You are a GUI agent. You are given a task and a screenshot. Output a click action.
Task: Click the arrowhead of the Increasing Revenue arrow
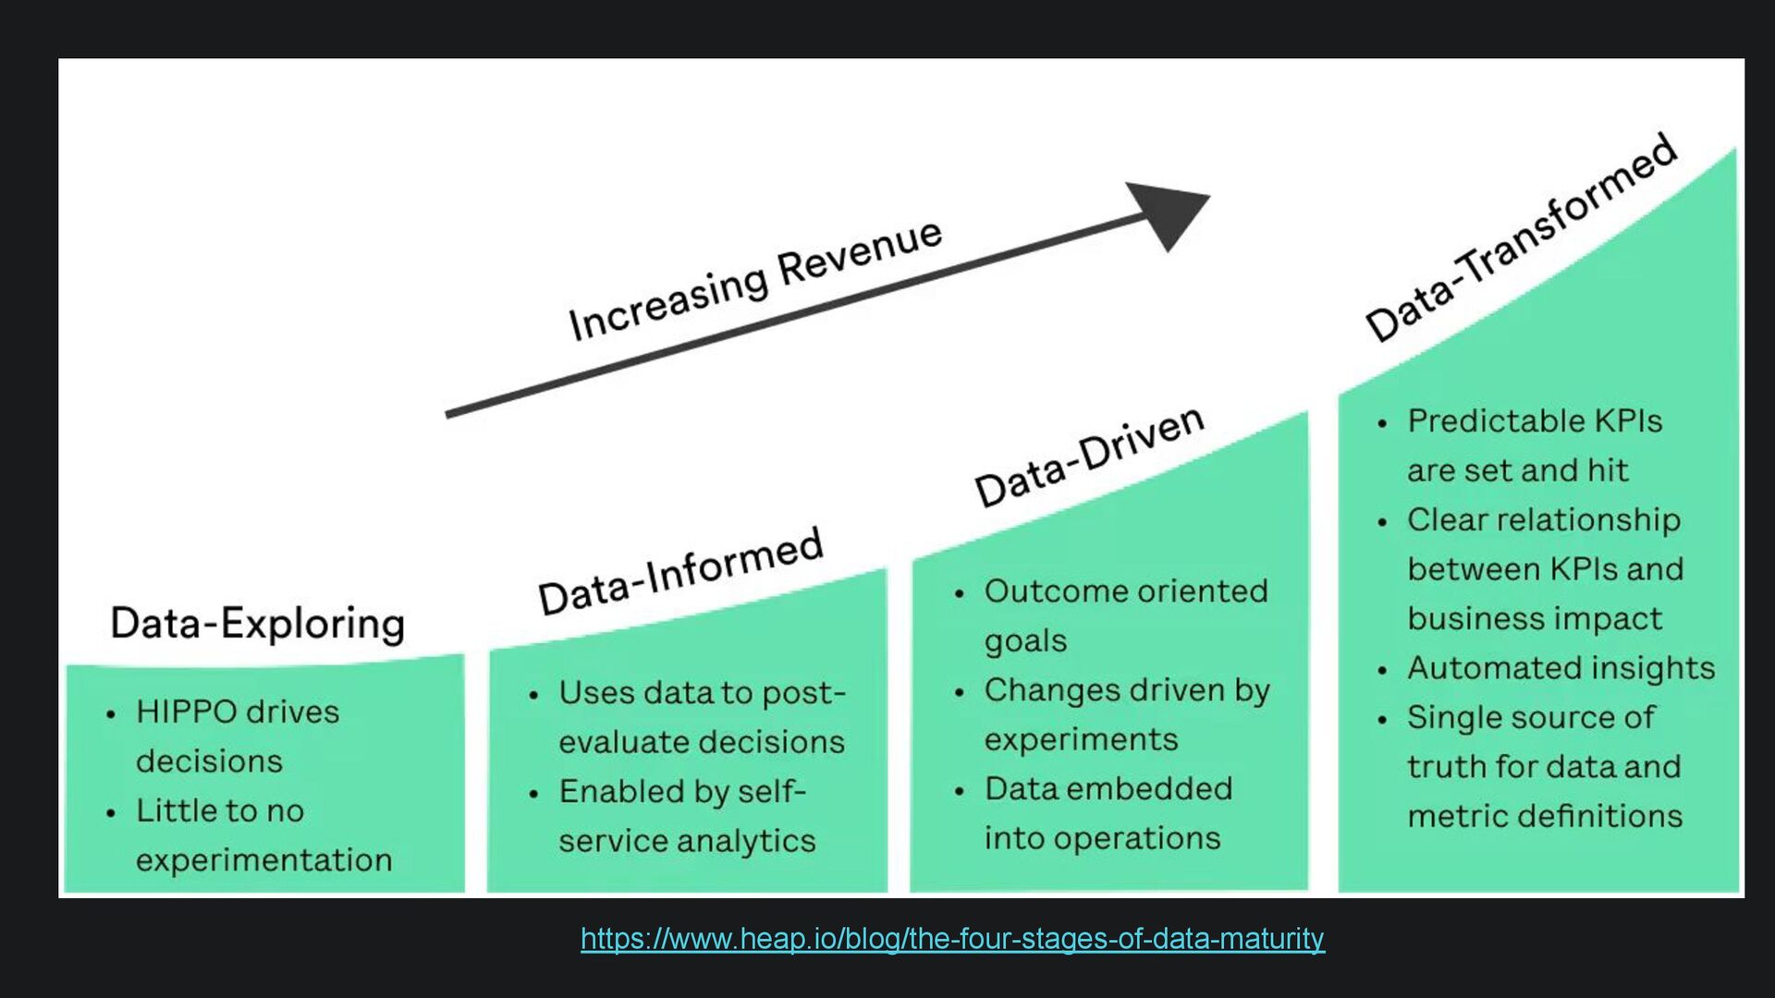tap(1167, 214)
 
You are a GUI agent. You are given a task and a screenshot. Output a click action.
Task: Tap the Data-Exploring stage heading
tap(257, 623)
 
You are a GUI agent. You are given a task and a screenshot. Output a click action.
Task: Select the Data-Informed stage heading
tap(680, 572)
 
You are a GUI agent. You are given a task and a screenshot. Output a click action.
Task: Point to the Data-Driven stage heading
tap(1089, 457)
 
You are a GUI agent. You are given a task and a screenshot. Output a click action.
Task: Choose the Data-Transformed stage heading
tap(1522, 237)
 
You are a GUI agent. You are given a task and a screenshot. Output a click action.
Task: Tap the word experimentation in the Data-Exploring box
tap(264, 860)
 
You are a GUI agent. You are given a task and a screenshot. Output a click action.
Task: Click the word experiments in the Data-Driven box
tap(1081, 739)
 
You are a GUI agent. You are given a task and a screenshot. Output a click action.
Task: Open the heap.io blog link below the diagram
tap(952, 939)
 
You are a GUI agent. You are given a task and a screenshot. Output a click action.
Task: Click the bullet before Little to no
tap(110, 813)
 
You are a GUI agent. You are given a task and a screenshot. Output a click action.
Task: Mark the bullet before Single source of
tap(1382, 720)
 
